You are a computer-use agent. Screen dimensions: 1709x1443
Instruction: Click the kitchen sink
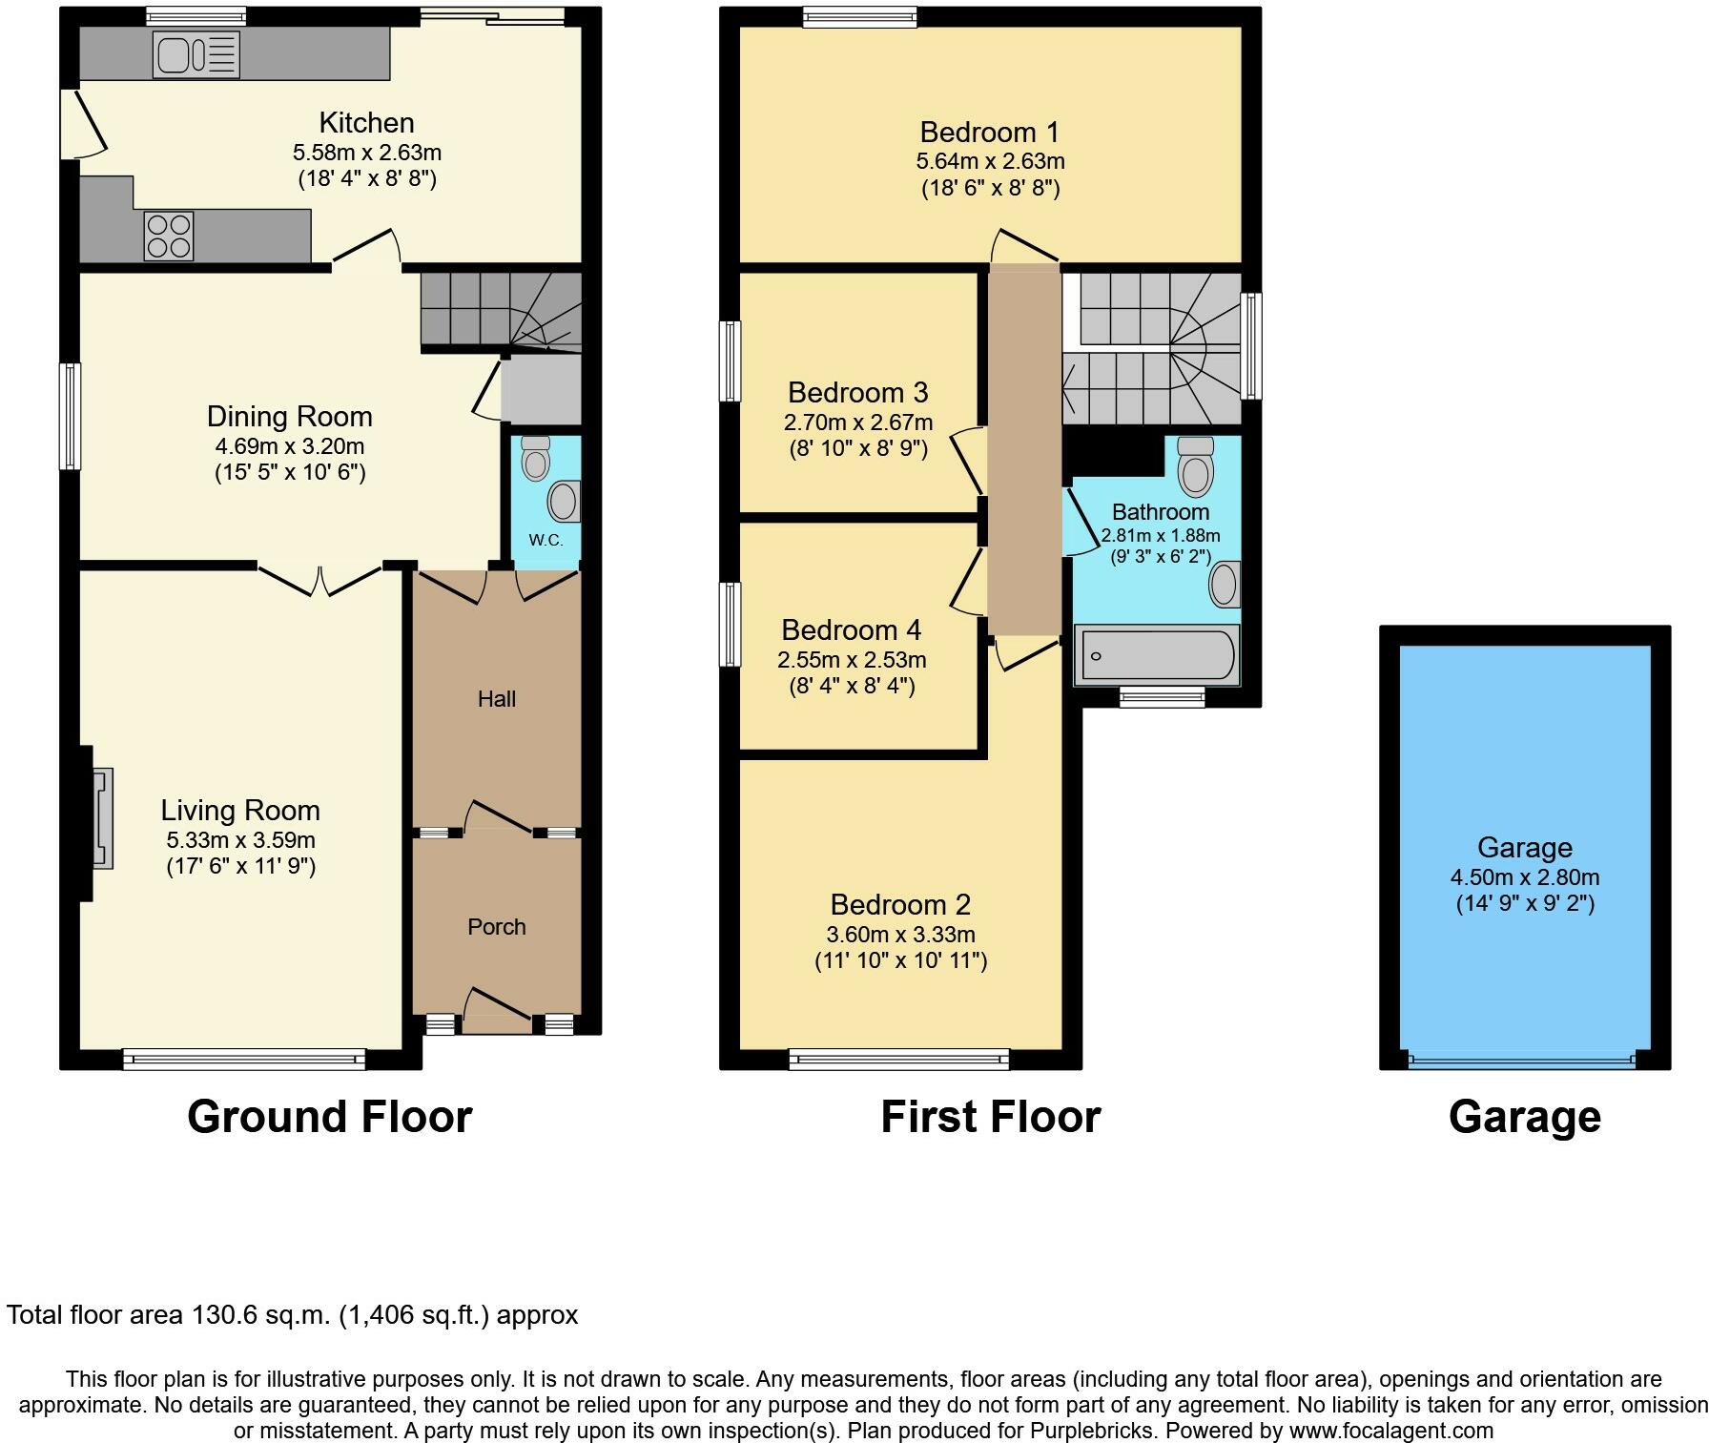pyautogui.click(x=196, y=55)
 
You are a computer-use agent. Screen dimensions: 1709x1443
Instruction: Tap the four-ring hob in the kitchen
pyautogui.click(x=169, y=236)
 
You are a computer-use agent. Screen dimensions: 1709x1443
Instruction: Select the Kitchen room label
pyautogui.click(x=366, y=123)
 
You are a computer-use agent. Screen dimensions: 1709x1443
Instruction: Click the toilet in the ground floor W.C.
pyautogui.click(x=536, y=458)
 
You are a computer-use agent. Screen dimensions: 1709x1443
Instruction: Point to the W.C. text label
pyautogui.click(x=546, y=540)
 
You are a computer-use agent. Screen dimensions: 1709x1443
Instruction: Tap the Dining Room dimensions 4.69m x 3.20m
pyautogui.click(x=290, y=446)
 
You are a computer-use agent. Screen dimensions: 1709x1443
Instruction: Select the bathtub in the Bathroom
pyautogui.click(x=1157, y=656)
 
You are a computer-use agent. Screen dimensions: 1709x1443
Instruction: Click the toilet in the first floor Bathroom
pyautogui.click(x=1195, y=464)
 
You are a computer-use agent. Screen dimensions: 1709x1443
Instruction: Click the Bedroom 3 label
pyautogui.click(x=858, y=393)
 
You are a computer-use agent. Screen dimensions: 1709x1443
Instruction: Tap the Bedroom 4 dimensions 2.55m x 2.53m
pyautogui.click(x=852, y=660)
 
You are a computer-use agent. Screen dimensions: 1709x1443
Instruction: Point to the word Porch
pyautogui.click(x=497, y=927)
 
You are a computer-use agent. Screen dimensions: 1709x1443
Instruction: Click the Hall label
pyautogui.click(x=497, y=699)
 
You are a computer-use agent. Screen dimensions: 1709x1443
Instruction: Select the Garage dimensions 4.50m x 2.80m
pyautogui.click(x=1525, y=877)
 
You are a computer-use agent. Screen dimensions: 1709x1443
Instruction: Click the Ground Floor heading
pyautogui.click(x=330, y=1117)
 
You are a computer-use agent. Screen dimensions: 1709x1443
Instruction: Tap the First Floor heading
pyautogui.click(x=991, y=1117)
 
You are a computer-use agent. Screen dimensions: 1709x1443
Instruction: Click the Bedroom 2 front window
pyautogui.click(x=899, y=1059)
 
